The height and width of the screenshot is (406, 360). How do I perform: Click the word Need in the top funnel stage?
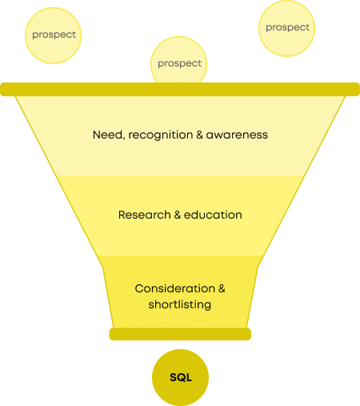108,135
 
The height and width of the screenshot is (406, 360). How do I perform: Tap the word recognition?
161,135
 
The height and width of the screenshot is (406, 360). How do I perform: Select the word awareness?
237,135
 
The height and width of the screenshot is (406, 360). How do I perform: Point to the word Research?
145,215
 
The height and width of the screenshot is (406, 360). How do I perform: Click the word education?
213,215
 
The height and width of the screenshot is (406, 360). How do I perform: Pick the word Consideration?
175,288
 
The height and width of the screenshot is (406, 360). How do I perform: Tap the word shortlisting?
180,305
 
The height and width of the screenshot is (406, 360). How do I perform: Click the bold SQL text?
181,377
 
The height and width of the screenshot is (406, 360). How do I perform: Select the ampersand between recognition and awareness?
199,135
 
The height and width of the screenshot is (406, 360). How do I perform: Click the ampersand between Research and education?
178,215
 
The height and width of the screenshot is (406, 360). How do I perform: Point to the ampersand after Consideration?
222,288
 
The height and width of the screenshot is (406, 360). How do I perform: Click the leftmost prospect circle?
53,35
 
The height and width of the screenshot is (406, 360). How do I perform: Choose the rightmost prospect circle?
286,28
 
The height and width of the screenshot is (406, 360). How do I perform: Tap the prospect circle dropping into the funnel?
178,60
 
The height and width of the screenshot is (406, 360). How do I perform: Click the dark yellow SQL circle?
180,377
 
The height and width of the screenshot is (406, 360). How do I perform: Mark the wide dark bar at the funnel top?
180,89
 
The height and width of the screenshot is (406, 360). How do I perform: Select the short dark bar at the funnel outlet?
180,334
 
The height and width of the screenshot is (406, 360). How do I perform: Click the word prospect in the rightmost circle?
287,28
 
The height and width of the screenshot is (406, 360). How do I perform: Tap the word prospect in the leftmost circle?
54,35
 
